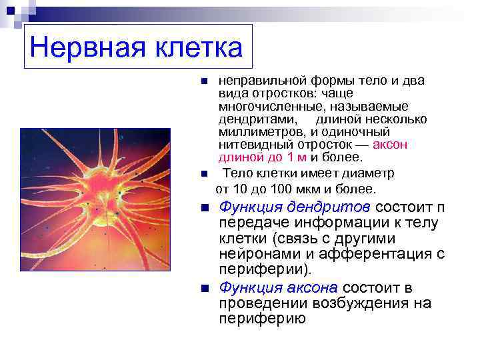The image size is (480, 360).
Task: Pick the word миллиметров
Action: pos(260,132)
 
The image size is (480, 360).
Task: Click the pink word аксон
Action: pos(390,145)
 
